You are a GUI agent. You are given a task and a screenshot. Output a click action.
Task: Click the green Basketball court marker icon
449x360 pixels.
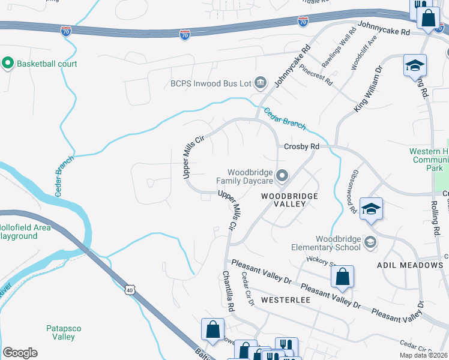pyautogui.click(x=8, y=63)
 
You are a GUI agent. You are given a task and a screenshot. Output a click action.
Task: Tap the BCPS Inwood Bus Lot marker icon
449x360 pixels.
pyautogui.click(x=261, y=83)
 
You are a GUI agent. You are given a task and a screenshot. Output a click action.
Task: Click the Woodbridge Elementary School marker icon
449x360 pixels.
pyautogui.click(x=370, y=243)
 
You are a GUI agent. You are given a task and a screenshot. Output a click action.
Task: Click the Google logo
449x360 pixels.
pyautogui.click(x=20, y=353)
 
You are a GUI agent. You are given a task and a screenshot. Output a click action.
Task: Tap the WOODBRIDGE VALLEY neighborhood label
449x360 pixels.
pyautogui.click(x=283, y=200)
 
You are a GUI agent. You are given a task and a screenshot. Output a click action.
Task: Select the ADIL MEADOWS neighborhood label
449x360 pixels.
pyautogui.click(x=409, y=265)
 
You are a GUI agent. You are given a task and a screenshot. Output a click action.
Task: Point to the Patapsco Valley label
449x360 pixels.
pyautogui.click(x=61, y=332)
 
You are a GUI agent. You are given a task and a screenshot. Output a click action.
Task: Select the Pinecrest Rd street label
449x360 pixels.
pyautogui.click(x=316, y=75)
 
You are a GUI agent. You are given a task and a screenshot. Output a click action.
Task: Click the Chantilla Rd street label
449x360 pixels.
pyautogui.click(x=229, y=291)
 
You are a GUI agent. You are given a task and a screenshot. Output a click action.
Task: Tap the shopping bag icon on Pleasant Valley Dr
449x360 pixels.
pyautogui.click(x=342, y=277)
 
